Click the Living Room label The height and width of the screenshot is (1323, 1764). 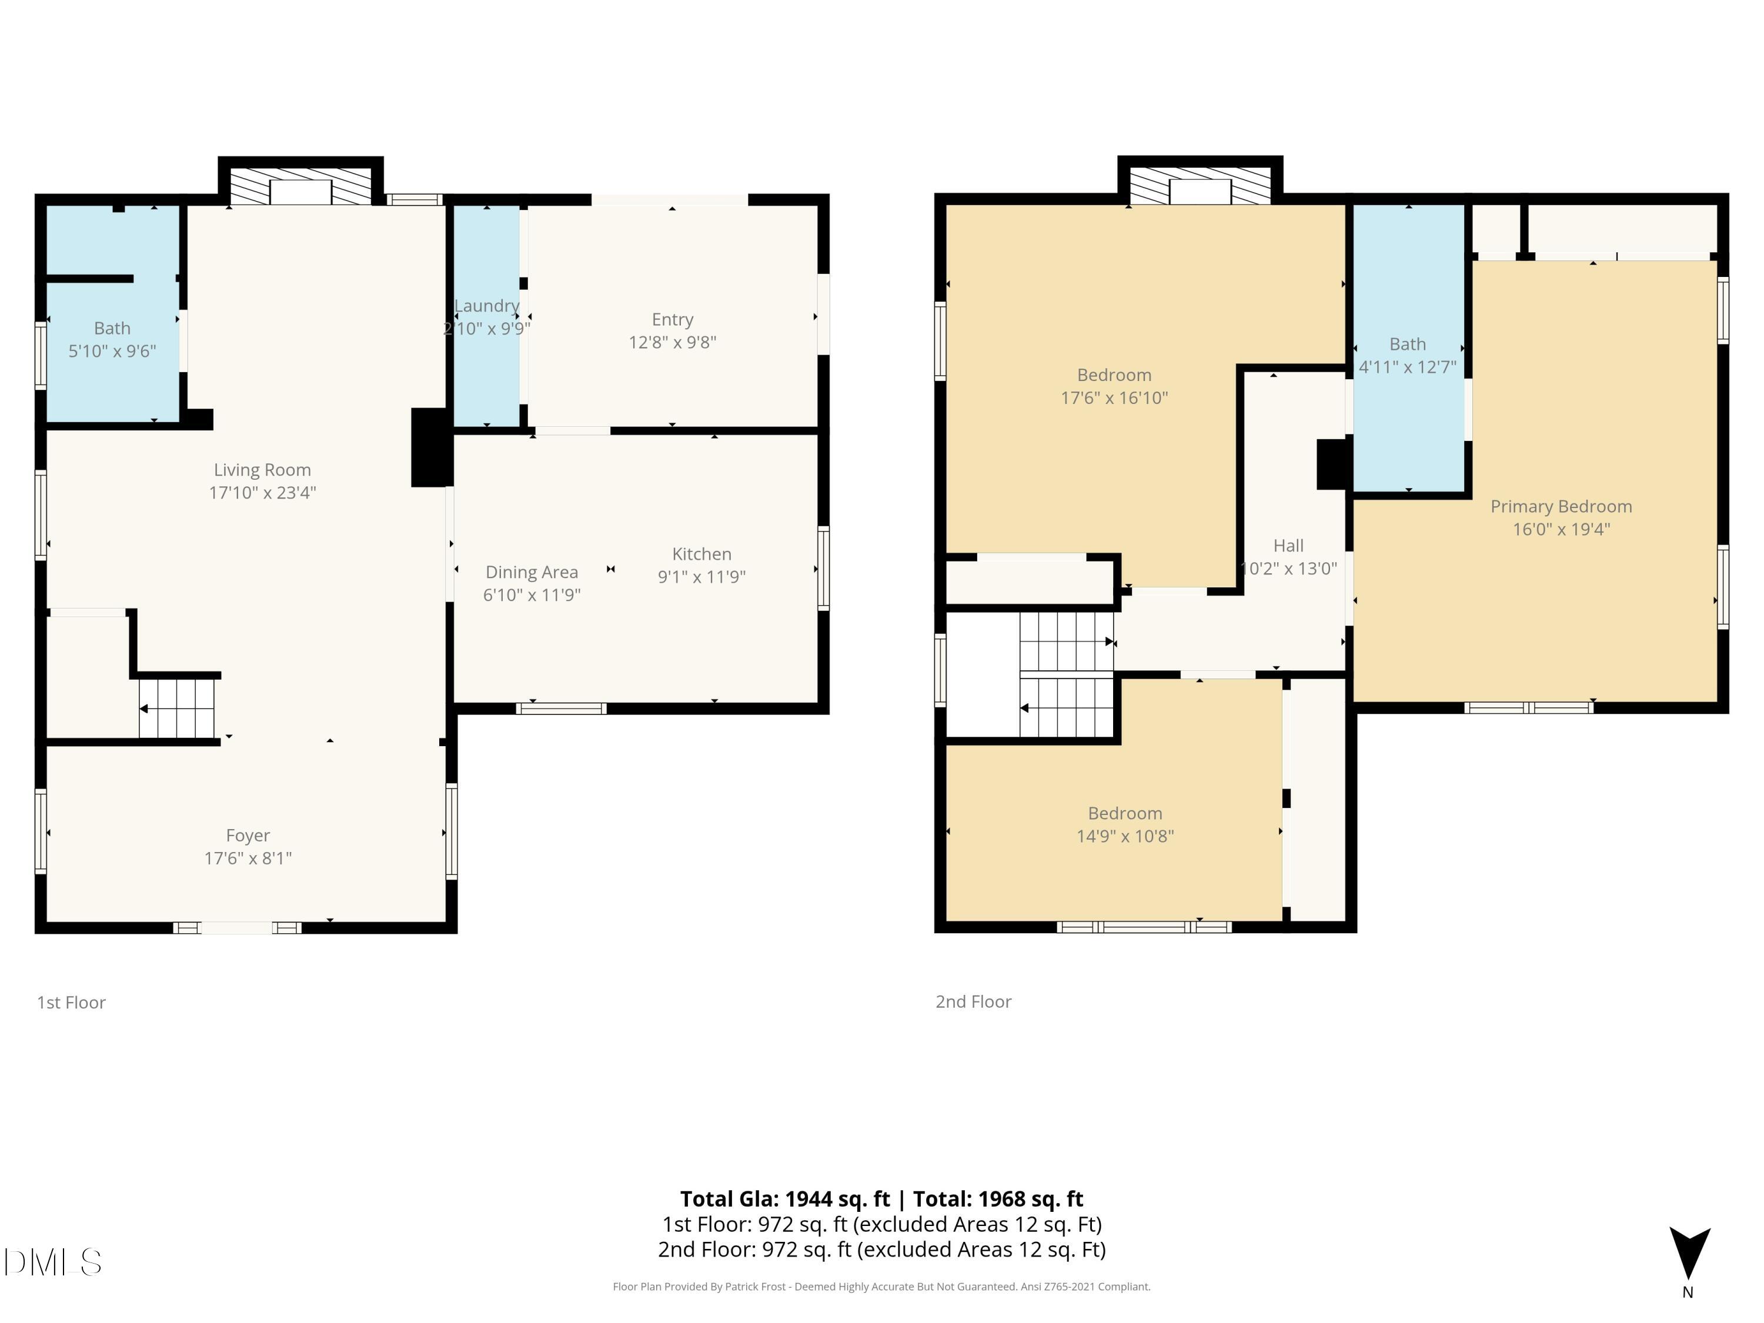click(x=262, y=470)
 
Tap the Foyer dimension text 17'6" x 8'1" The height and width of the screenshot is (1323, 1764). click(x=248, y=858)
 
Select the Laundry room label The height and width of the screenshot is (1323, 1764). click(x=486, y=305)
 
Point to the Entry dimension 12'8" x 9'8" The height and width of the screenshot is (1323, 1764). click(x=672, y=342)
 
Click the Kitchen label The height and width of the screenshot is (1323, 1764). click(x=701, y=553)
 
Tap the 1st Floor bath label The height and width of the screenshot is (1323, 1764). click(x=112, y=328)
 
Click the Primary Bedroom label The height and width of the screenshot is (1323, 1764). click(x=1562, y=506)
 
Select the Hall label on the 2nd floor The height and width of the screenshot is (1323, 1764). click(x=1289, y=546)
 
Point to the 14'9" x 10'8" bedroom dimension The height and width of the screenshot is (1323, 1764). click(x=1125, y=836)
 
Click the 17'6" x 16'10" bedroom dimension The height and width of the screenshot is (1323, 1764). click(x=1114, y=397)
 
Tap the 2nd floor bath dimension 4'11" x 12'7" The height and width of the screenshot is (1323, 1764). click(x=1408, y=367)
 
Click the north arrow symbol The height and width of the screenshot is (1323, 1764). click(x=1689, y=1253)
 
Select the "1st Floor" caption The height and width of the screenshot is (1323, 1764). click(x=71, y=1003)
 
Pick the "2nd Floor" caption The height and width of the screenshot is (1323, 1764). click(x=973, y=1001)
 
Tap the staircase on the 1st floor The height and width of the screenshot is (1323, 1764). click(x=177, y=708)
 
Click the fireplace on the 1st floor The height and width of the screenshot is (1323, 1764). click(x=300, y=185)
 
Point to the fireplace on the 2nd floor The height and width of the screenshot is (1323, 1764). click(x=1200, y=185)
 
